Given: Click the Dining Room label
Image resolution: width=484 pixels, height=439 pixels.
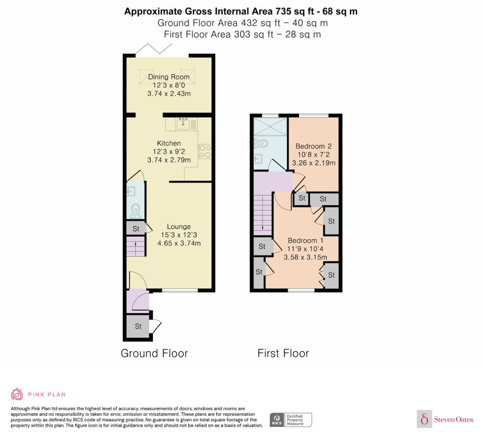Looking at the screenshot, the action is [x=169, y=77].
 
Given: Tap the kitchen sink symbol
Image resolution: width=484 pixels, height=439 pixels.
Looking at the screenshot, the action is [x=183, y=124].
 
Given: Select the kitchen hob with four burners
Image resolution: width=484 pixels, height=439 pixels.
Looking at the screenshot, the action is [x=205, y=151].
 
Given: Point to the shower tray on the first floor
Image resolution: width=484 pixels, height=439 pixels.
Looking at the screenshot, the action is [x=270, y=127].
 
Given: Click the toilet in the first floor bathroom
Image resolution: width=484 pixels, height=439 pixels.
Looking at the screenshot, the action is [x=261, y=143].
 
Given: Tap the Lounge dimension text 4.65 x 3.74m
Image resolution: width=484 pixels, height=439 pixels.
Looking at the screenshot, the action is [x=179, y=243].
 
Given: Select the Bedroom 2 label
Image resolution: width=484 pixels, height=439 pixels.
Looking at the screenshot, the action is [x=314, y=146].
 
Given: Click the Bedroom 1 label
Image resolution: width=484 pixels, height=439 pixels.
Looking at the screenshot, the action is [x=306, y=241].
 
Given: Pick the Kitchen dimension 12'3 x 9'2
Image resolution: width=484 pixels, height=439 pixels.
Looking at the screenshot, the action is [x=169, y=151].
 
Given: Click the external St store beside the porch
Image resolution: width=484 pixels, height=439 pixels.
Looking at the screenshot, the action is [x=138, y=327].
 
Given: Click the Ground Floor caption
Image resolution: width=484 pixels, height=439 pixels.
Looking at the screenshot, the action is [x=154, y=353].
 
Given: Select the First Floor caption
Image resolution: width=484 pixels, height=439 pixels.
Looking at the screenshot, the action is [x=283, y=353].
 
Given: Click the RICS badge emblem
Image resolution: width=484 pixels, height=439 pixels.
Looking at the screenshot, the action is [x=277, y=420].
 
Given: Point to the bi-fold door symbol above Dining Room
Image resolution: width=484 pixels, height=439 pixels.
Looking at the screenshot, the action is [x=154, y=49].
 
